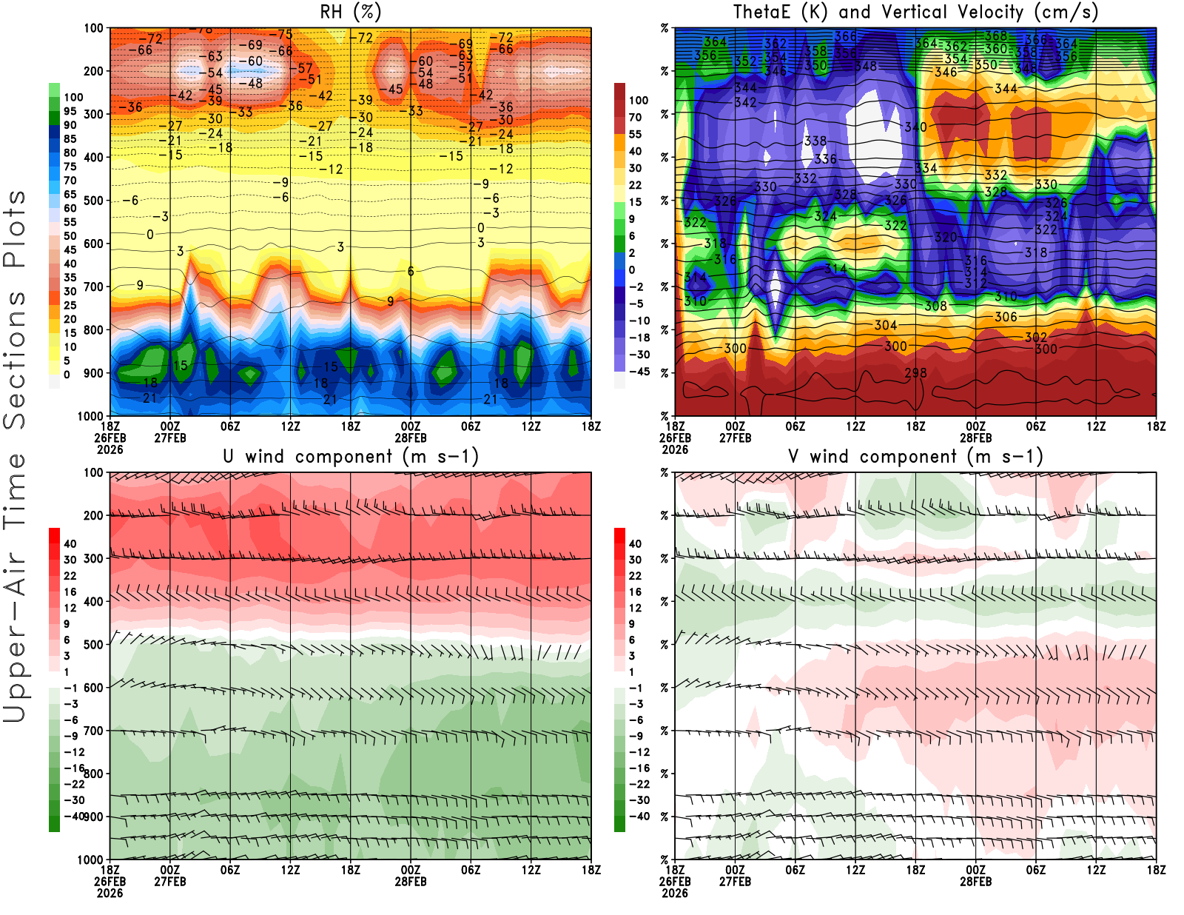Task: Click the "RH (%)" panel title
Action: [x=350, y=12]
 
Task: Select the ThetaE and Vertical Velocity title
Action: [x=915, y=12]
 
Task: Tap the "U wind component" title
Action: [x=351, y=456]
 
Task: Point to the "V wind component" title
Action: [x=915, y=456]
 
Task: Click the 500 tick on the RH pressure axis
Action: [x=93, y=201]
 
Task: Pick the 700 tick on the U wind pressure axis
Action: [x=93, y=731]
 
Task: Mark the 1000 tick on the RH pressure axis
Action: [x=90, y=416]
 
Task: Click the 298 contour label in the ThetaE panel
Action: [x=915, y=373]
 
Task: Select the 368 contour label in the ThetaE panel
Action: [x=995, y=36]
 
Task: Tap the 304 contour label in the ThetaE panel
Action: [x=885, y=325]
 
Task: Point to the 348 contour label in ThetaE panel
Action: [x=865, y=66]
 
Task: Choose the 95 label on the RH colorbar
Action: [x=70, y=111]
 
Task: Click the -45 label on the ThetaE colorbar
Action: [x=639, y=372]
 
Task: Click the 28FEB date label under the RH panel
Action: [x=410, y=438]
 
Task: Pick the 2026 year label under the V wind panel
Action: [x=674, y=893]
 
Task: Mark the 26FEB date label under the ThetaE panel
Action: [x=674, y=438]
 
